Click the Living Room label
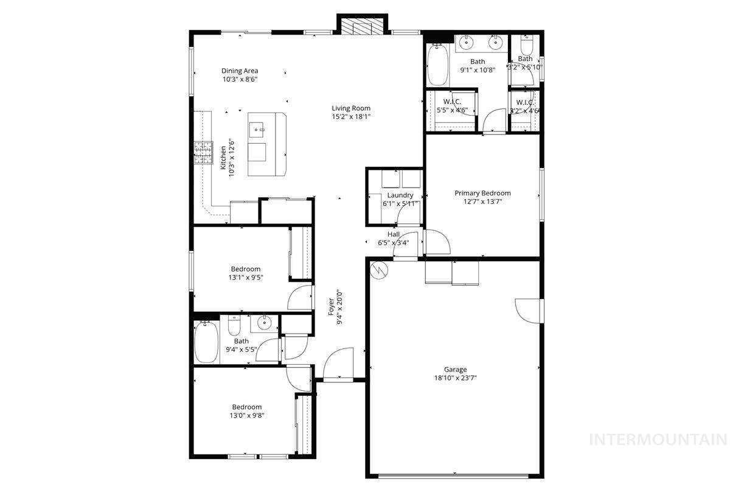(x=351, y=108)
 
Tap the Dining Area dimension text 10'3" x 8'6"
(x=239, y=79)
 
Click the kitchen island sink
(x=257, y=128)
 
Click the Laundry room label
(x=400, y=195)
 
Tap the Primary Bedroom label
(x=482, y=193)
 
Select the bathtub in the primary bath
(x=437, y=66)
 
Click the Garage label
(x=455, y=369)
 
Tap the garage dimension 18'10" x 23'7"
(x=455, y=378)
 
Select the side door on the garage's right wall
(x=528, y=311)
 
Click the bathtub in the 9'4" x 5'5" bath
(x=206, y=342)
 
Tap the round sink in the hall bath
(x=265, y=323)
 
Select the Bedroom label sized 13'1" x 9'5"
(x=245, y=269)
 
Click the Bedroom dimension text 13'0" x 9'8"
(x=246, y=416)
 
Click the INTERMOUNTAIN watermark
(x=659, y=439)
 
